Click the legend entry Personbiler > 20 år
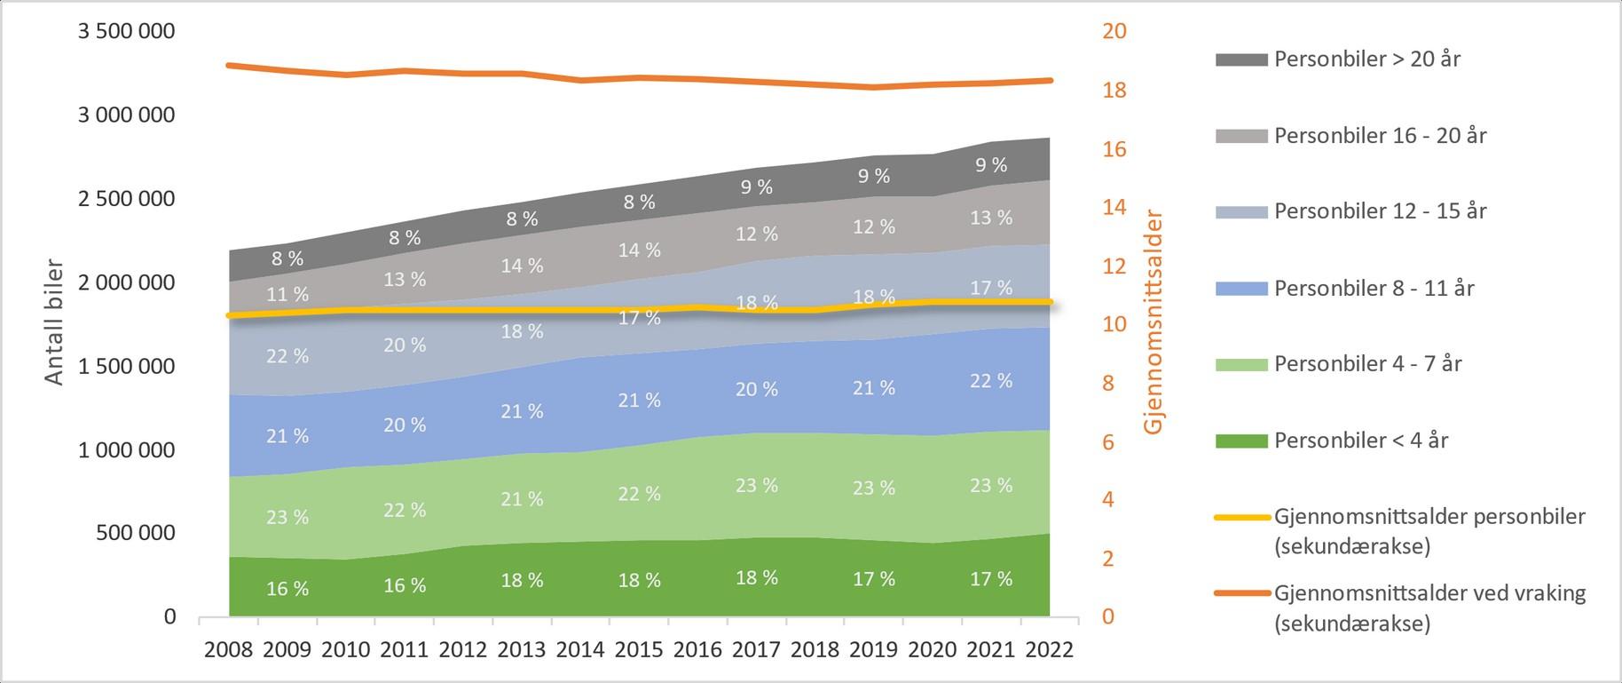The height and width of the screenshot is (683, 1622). (x=1366, y=60)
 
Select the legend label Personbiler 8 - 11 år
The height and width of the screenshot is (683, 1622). (x=1374, y=288)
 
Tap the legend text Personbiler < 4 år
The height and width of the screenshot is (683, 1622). (x=1360, y=441)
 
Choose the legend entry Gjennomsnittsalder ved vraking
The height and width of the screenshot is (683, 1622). (x=1429, y=593)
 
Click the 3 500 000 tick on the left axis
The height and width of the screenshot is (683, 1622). (x=127, y=32)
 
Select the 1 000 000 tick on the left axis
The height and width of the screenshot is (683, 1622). (x=127, y=450)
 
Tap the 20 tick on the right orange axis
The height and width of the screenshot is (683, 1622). (x=1114, y=32)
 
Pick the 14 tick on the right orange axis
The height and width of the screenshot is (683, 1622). (x=1114, y=207)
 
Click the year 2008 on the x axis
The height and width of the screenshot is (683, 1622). (x=229, y=650)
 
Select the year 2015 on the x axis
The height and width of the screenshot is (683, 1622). (x=639, y=650)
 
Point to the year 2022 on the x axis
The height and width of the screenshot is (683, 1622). (x=1049, y=650)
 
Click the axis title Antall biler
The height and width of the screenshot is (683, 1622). (x=55, y=322)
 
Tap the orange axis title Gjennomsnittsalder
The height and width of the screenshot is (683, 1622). (x=1153, y=322)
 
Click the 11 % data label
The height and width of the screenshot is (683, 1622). (x=287, y=294)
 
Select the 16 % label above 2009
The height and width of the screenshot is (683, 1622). (x=287, y=589)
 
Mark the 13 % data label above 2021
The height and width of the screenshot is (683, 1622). (x=991, y=218)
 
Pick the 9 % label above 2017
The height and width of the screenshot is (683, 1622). (x=757, y=187)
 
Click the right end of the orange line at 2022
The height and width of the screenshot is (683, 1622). (x=1050, y=81)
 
